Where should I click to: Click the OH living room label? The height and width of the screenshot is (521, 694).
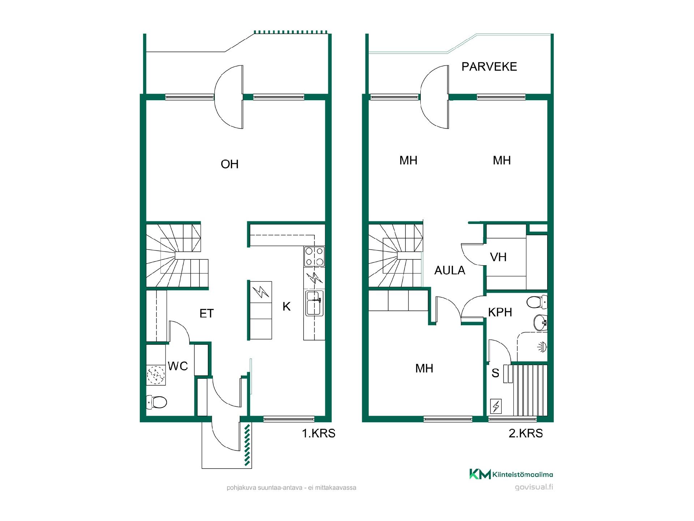point(230,164)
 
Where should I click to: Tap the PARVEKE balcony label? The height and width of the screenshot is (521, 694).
point(489,67)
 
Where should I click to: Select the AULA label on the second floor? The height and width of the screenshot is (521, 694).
point(450,270)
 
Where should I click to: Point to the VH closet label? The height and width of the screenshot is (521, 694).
point(498,257)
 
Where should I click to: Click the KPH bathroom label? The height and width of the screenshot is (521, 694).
point(500,312)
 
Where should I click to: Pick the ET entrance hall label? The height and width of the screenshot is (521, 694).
point(207,313)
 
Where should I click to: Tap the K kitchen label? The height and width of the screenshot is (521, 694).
point(286,306)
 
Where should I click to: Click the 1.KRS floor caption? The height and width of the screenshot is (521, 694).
point(318,433)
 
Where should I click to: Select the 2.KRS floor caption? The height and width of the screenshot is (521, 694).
point(526,433)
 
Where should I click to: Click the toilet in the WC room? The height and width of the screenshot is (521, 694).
point(157,402)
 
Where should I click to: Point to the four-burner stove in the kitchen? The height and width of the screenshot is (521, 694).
point(314,257)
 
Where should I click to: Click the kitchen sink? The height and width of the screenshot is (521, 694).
point(314,303)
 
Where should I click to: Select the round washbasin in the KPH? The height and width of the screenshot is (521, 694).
point(541,322)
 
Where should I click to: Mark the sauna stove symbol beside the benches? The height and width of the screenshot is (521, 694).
point(496,406)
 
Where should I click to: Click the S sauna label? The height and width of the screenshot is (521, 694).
point(495,373)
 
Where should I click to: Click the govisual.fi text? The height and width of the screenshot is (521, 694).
point(534,487)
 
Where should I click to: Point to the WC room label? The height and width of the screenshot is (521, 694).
point(178,366)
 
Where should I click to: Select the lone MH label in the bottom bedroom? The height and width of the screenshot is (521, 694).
point(424,368)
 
